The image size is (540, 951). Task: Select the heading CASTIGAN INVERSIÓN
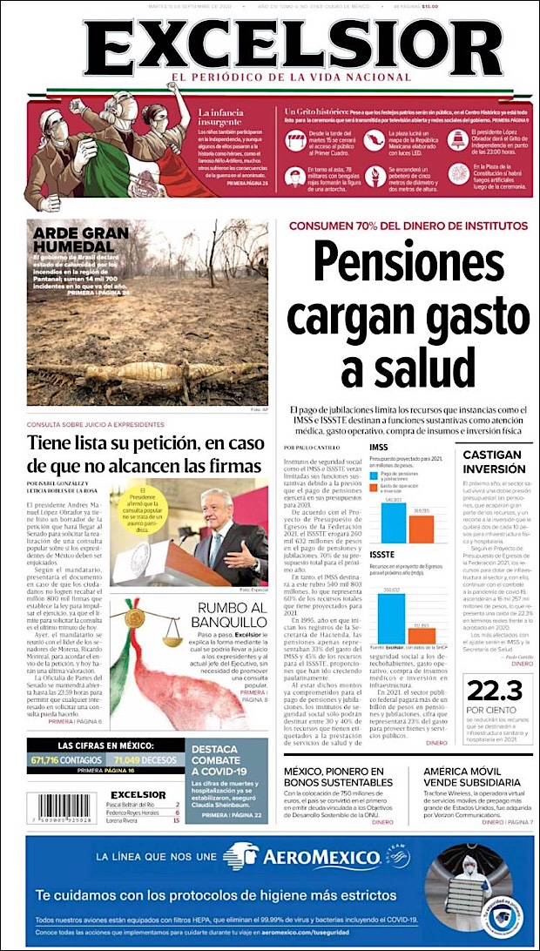(493, 462)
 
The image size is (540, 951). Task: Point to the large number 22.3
(493, 691)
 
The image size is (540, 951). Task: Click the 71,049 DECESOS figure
(145, 759)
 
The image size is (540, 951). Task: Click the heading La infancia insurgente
(226, 118)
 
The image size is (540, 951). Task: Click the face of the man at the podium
(213, 502)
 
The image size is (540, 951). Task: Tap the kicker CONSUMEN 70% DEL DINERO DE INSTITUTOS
(408, 226)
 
